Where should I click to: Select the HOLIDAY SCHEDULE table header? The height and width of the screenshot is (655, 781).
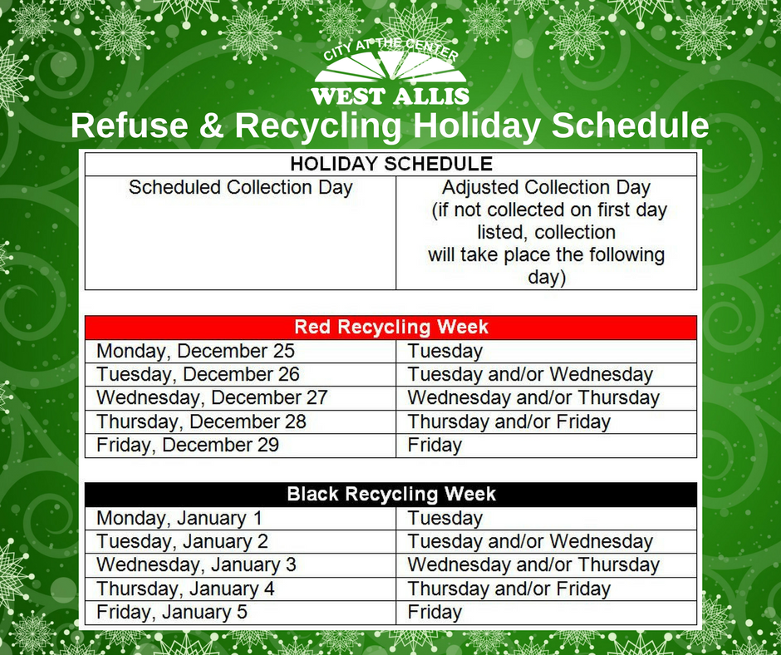(x=390, y=163)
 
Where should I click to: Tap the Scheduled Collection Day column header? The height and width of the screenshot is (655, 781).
(x=240, y=187)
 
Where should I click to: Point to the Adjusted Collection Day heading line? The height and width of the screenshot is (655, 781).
(x=546, y=187)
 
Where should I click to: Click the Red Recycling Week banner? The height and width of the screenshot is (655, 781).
(x=390, y=327)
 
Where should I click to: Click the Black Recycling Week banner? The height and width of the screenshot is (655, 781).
(x=390, y=494)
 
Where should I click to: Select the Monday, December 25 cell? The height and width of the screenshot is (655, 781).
(x=195, y=352)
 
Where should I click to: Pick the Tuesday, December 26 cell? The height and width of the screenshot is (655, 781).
(x=198, y=375)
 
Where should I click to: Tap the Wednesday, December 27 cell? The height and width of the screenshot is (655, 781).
(x=212, y=398)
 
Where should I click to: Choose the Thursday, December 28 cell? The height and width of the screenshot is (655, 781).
(x=201, y=421)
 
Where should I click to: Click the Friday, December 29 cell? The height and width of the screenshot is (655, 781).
(x=187, y=445)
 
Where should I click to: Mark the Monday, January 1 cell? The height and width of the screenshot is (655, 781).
(x=179, y=518)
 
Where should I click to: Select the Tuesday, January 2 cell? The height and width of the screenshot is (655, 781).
(x=182, y=541)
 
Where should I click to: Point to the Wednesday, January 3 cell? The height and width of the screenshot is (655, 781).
(x=196, y=565)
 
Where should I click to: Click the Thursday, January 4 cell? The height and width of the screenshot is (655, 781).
(x=185, y=589)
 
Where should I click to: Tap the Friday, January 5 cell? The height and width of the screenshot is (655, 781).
(x=171, y=613)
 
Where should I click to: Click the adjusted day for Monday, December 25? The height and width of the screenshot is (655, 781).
(x=445, y=352)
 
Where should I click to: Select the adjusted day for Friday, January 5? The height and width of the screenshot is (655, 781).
(x=435, y=613)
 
